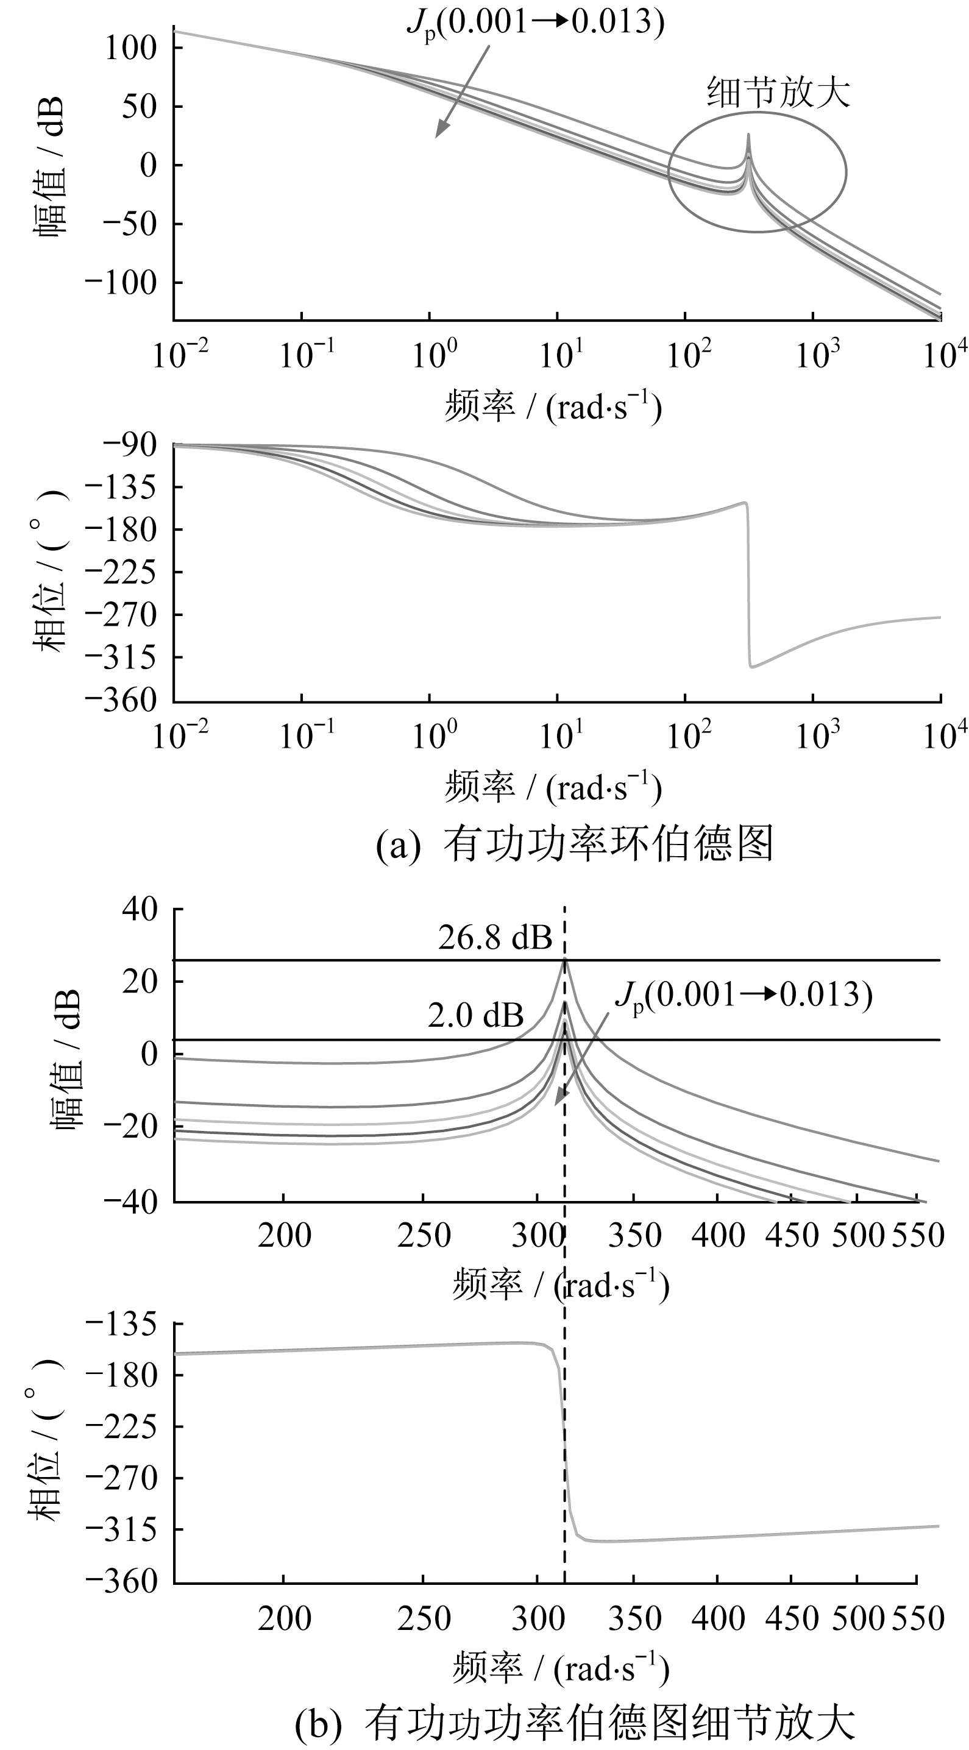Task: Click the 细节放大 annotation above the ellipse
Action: [x=779, y=93]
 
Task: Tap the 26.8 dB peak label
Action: [x=495, y=938]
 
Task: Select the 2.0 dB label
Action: [x=476, y=1016]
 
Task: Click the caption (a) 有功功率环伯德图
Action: [x=575, y=845]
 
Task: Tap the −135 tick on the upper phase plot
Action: [x=129, y=487]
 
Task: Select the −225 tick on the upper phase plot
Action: [x=129, y=572]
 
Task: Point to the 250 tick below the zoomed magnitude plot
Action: [x=424, y=1235]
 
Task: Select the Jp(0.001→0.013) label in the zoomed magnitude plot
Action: [x=744, y=996]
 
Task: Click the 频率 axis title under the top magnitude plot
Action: [x=553, y=408]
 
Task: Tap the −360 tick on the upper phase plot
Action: [x=129, y=700]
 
